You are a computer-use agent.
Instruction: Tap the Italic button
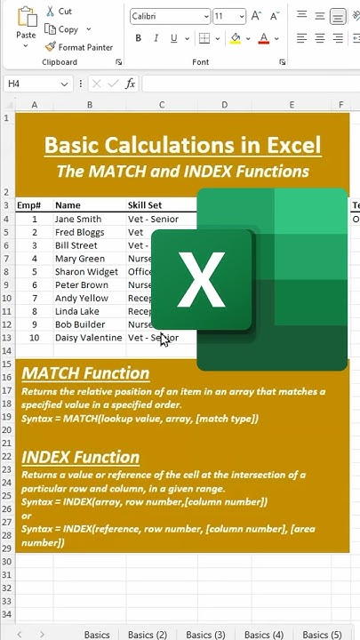[156, 39]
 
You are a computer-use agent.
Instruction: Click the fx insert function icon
[131, 84]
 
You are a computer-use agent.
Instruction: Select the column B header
[89, 105]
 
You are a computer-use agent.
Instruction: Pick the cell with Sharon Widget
[86, 272]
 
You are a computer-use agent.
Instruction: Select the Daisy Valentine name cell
[88, 339]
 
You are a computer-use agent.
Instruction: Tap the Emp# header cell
[29, 205]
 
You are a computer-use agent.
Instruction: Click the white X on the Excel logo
[202, 279]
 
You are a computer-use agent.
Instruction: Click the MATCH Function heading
[85, 373]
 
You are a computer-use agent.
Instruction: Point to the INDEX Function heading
[80, 457]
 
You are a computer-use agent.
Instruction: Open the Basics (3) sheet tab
[205, 635]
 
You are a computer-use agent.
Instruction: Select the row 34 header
[7, 614]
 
